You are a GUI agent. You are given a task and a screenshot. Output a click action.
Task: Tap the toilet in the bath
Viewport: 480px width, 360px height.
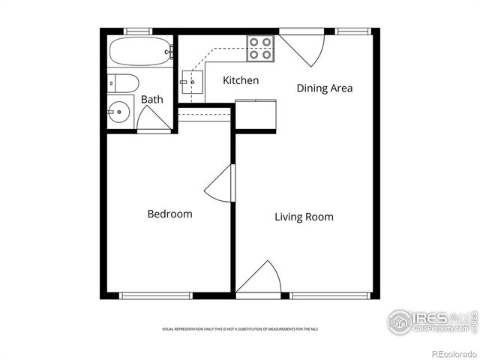124,83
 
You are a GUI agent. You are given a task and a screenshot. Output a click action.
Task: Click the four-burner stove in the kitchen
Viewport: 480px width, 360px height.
260,48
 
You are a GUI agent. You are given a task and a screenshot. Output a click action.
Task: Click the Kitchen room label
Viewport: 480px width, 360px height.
241,80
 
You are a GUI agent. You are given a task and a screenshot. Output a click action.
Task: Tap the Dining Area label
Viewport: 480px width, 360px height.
324,88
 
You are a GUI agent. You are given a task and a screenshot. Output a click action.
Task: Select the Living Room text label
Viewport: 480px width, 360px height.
304,217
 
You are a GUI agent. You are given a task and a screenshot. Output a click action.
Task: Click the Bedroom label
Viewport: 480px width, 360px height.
169,214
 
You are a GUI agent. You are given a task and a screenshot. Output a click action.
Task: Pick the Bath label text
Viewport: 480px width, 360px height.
152,99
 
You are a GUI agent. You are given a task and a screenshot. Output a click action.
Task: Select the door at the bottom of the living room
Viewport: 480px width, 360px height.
261,279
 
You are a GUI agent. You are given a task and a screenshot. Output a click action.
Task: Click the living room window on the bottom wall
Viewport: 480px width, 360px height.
330,295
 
